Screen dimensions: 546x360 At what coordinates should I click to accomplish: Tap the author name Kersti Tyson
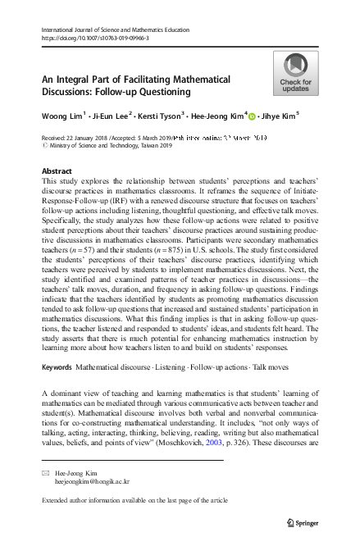[x=166, y=116]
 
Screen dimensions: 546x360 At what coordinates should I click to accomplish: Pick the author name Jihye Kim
[x=278, y=116]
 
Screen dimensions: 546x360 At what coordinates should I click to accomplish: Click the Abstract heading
[x=56, y=171]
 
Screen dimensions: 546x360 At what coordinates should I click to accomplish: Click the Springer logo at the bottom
[x=303, y=521]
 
